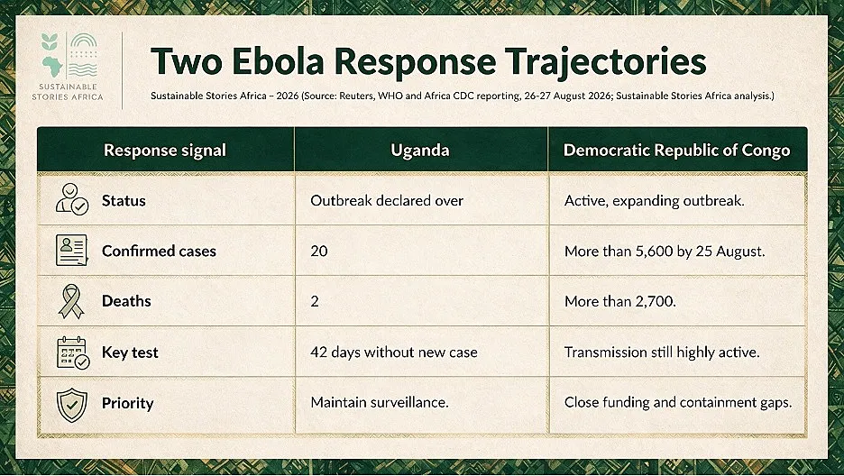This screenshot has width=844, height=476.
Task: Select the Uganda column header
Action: pyautogui.click(x=420, y=150)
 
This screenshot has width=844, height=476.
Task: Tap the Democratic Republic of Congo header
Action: pyautogui.click(x=676, y=150)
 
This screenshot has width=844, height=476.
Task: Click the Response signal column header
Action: pyautogui.click(x=165, y=150)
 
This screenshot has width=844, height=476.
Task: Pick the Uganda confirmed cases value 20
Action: pyautogui.click(x=318, y=251)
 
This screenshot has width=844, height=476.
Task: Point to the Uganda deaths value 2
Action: pyautogui.click(x=315, y=301)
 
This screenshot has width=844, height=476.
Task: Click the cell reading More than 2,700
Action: pyautogui.click(x=620, y=301)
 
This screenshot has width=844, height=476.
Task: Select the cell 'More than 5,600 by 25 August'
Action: pyautogui.click(x=665, y=252)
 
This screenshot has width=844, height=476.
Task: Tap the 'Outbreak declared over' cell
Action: pyautogui.click(x=387, y=201)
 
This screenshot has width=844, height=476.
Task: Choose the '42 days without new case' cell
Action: pyautogui.click(x=393, y=352)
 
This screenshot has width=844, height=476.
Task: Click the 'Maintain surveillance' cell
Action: pyautogui.click(x=379, y=402)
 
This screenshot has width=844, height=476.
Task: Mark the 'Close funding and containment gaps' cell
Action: pyautogui.click(x=678, y=403)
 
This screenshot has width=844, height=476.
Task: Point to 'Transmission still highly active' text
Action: pyautogui.click(x=662, y=352)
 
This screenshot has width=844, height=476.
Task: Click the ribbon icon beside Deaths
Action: pyautogui.click(x=71, y=301)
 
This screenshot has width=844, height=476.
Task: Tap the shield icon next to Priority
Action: pyautogui.click(x=71, y=405)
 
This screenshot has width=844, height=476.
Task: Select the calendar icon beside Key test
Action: pyautogui.click(x=73, y=352)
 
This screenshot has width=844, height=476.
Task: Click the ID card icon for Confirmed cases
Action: pyautogui.click(x=71, y=250)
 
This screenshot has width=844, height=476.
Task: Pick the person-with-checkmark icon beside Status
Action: pyautogui.click(x=72, y=199)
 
